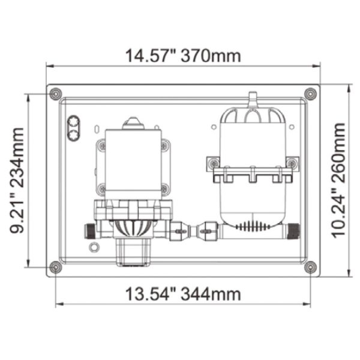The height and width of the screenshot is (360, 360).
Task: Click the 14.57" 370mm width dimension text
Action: [183, 56]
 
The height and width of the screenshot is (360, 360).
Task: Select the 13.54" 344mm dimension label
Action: [183, 294]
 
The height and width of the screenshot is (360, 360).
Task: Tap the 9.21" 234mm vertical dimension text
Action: [17, 181]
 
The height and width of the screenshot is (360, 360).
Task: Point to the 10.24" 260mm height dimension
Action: [338, 181]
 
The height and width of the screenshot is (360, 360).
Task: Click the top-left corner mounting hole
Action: [56, 94]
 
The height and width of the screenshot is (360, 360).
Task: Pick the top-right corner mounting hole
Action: [310, 94]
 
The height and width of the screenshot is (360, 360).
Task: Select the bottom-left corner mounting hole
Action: [56, 267]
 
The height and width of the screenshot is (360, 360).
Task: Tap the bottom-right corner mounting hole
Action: [310, 267]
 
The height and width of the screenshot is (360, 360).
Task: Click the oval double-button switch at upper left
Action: [73, 128]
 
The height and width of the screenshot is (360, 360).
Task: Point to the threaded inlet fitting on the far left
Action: [90, 231]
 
